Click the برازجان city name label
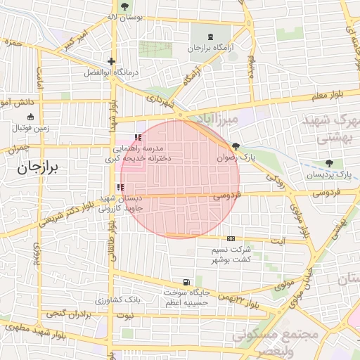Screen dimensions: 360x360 [39, 169]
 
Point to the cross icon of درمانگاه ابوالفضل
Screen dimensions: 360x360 [110, 62]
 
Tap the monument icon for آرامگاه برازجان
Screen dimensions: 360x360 [211, 37]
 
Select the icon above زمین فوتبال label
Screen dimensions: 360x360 [30, 117]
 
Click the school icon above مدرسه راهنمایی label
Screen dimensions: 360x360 [137, 137]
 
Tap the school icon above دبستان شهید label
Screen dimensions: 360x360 [120, 187]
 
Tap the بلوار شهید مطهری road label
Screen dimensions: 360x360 [34, 331]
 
